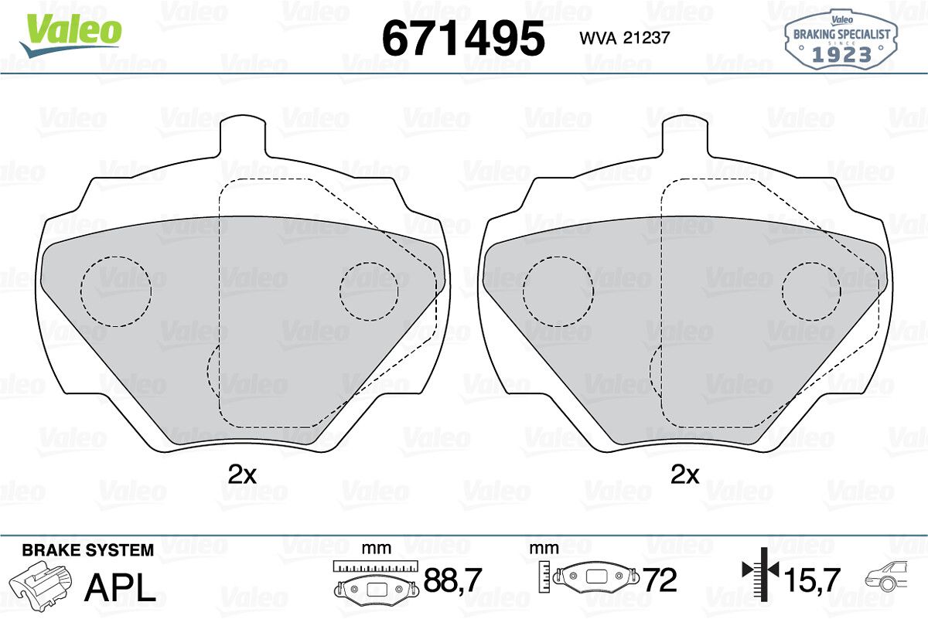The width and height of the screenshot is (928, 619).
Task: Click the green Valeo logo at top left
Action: point(71,35)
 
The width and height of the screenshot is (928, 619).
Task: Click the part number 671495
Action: point(463,38)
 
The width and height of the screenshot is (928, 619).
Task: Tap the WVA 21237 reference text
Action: point(625,38)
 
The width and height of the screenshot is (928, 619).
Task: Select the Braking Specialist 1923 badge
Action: point(841,39)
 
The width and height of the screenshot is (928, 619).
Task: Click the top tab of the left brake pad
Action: point(243,136)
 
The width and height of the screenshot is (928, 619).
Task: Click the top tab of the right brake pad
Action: point(685,136)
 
